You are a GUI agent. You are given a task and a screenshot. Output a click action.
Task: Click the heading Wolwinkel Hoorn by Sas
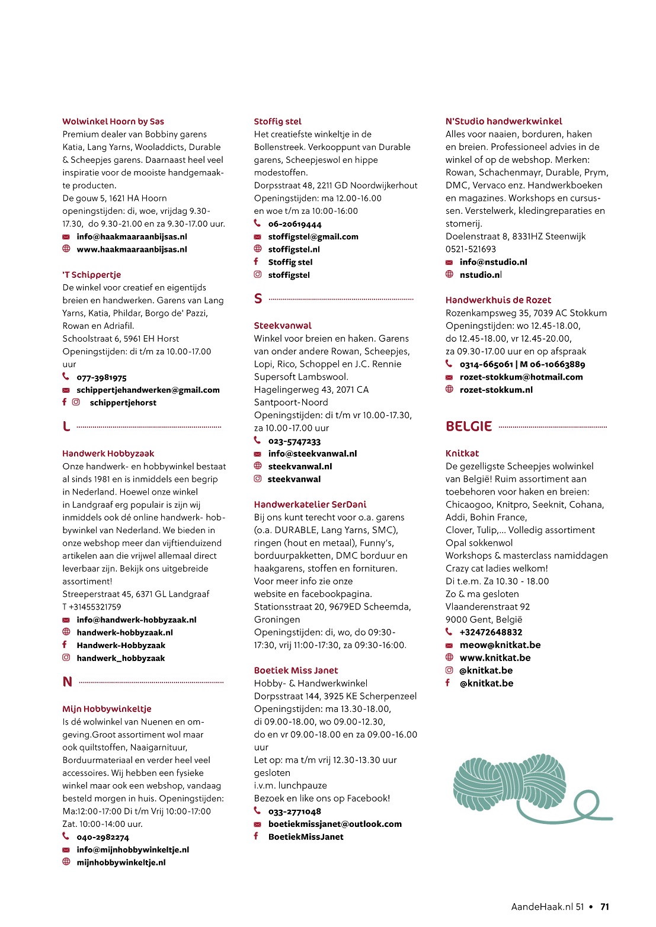(x=113, y=121)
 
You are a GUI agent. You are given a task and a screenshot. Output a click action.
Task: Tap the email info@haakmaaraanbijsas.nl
(x=132, y=237)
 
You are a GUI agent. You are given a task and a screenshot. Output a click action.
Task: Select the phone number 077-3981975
(x=101, y=377)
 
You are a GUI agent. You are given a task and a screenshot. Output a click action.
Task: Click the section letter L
(x=66, y=426)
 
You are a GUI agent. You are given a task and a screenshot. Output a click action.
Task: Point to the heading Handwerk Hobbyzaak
(x=108, y=454)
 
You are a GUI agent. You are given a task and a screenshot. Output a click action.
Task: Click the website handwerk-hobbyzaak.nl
(x=124, y=633)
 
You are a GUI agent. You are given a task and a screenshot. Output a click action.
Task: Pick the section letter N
(x=68, y=682)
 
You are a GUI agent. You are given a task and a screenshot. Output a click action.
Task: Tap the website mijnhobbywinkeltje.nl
(x=121, y=862)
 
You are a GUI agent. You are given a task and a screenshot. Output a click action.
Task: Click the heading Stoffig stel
(x=277, y=121)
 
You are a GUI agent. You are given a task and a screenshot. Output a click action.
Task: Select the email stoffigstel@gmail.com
(x=313, y=237)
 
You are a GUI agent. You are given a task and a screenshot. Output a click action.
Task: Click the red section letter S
(x=258, y=299)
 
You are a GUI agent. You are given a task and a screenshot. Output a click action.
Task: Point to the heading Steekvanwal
(x=283, y=326)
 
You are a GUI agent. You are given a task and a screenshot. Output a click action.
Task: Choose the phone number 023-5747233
(x=294, y=441)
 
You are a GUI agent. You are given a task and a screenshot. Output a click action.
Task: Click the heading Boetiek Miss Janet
(x=296, y=671)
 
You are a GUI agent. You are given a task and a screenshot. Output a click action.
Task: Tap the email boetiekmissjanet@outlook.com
(x=335, y=824)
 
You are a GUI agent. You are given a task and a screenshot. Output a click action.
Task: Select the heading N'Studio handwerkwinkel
(x=504, y=121)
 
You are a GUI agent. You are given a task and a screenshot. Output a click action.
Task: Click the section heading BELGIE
(x=469, y=426)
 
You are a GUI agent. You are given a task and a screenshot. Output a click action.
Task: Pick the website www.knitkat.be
(x=495, y=657)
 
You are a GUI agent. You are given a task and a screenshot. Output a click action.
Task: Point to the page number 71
(x=604, y=907)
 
